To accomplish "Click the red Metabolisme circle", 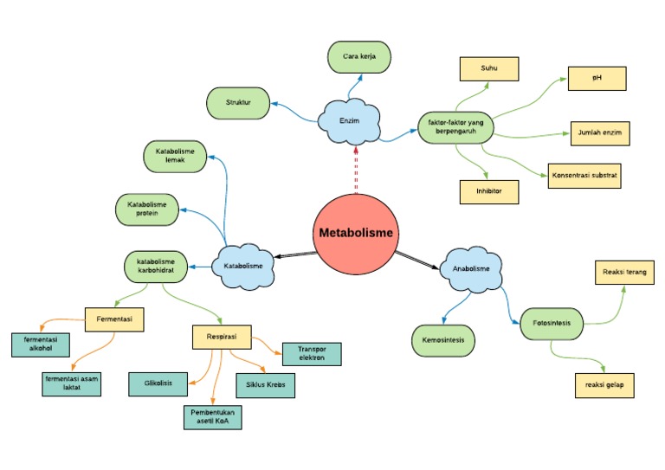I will coord(355,233).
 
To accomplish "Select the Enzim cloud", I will coord(350,121).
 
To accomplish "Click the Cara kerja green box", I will coord(359,57).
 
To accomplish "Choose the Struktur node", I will coord(238,103).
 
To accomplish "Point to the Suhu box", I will coord(488,68).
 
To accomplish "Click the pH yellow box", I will coord(597,78).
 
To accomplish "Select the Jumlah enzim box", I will coord(599,133).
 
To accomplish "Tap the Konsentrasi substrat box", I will coord(584,175).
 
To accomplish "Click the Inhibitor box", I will coord(489,191).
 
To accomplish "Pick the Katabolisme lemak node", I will coord(175,156).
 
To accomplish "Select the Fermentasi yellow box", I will coord(114,319).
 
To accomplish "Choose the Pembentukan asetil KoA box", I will coord(212,417).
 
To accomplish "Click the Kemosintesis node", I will coord(443,340).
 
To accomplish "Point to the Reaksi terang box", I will coord(623,273).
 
